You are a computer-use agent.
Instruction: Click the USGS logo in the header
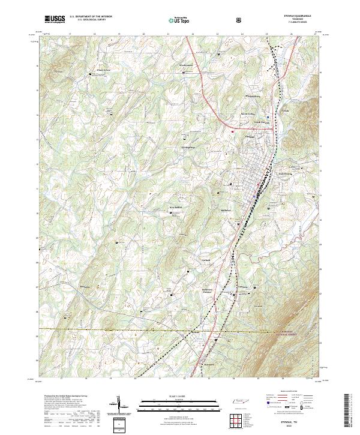tap(55, 20)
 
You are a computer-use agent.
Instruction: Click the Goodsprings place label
tap(189, 146)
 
